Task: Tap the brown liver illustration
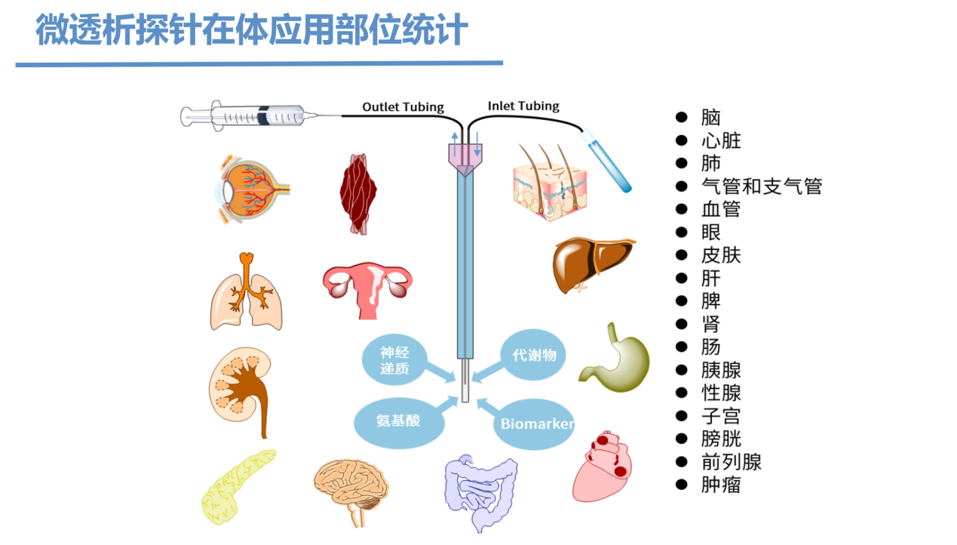pos(592,264)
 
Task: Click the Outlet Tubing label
pos(403,107)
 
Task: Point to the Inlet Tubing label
pos(523,106)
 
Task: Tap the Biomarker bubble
pos(535,423)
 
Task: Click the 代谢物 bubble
pos(533,355)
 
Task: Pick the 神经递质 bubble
pos(394,360)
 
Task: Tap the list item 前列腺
pos(731,461)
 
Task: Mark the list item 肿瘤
pos(720,485)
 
